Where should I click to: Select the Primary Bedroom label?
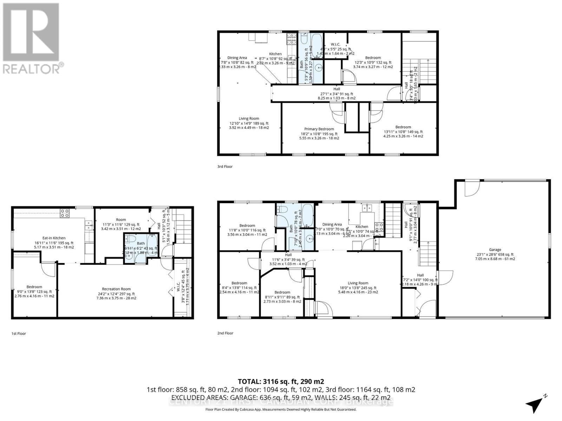coord(319,129)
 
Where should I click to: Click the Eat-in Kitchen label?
coord(54,238)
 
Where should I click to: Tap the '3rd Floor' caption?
coord(225,167)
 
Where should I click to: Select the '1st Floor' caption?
coord(19,334)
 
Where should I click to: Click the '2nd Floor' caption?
coord(225,333)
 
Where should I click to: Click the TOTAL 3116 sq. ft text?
coord(281,381)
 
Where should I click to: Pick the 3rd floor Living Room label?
coord(249,119)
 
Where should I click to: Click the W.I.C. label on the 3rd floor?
coord(335,44)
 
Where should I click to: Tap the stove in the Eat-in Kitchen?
coord(65,213)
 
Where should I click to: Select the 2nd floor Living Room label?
coord(358,283)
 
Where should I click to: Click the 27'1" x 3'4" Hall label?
coord(336,89)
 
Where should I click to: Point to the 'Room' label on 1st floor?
coord(121,220)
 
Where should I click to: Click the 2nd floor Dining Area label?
coord(332,225)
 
